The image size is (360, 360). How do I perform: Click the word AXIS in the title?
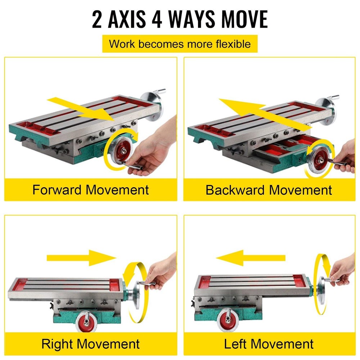[125, 19]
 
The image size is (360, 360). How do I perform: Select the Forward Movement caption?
[90, 190]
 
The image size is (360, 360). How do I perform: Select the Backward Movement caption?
[269, 190]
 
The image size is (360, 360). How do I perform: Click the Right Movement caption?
[90, 343]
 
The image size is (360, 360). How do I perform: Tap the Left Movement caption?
[269, 343]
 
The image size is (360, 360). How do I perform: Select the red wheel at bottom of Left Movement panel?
[229, 319]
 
